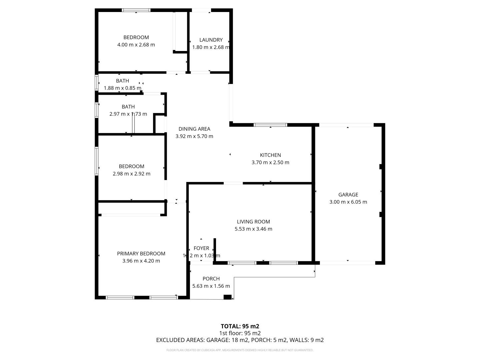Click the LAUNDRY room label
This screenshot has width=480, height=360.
pos(211,40)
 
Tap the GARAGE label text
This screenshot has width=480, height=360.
pos(348,195)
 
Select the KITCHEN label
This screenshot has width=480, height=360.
pos(270,155)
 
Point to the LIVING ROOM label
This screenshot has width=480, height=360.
pos(253,222)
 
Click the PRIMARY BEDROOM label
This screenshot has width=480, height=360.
pos(141,254)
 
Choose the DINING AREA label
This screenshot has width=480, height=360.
pos(194,129)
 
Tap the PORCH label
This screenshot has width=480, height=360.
pos(211,279)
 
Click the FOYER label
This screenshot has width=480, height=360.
pos(201,248)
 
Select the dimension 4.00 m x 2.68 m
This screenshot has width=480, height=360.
pos(136,45)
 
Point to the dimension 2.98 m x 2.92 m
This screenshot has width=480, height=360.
pos(131,174)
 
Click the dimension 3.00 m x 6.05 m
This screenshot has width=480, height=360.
pos(348,202)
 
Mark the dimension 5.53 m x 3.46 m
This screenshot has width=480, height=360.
pos(253,229)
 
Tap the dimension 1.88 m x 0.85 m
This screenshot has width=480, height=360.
pos(122,88)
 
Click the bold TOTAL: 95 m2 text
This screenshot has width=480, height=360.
pos(240,326)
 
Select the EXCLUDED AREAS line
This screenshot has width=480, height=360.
pos(240,340)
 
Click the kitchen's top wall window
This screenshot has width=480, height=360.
pos(270,125)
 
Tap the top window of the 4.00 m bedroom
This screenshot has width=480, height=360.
pos(136,10)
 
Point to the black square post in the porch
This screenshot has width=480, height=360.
pos(228,297)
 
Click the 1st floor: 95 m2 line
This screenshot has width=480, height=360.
pos(240,333)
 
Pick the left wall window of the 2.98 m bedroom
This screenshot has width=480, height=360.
pos(97,161)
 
